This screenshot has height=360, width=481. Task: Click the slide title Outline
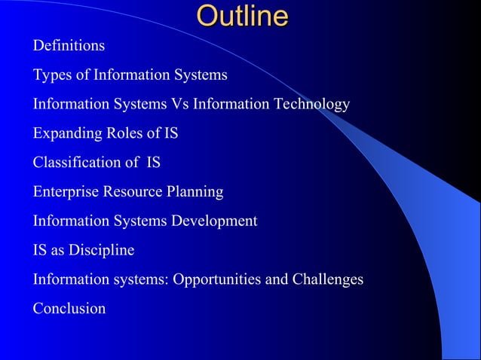[242, 17]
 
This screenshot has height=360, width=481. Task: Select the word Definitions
[69, 46]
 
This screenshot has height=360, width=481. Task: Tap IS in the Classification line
[152, 163]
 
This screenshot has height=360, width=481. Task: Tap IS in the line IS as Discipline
[39, 250]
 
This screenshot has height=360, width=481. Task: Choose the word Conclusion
[69, 309]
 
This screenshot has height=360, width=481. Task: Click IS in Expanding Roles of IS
[171, 133]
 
